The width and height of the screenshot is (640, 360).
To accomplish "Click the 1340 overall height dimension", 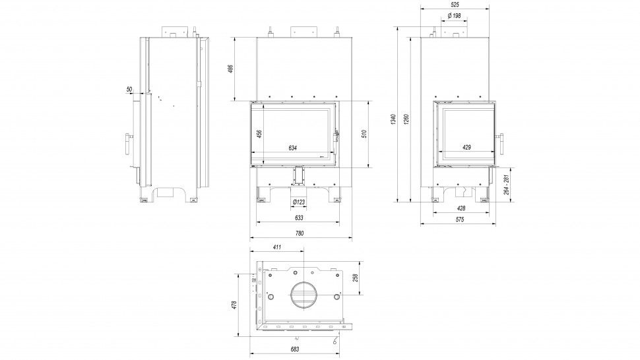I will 393,119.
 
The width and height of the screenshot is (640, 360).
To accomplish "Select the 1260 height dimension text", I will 406,119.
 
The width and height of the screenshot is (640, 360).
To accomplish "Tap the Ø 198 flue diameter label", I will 453,15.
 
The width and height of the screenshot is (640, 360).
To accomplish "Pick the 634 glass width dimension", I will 293,148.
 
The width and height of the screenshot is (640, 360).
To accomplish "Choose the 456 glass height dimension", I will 259,133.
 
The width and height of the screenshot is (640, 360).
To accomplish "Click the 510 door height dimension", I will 364,133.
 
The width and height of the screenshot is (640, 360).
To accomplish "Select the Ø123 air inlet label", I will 298,202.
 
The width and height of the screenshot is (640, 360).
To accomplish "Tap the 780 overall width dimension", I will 299,233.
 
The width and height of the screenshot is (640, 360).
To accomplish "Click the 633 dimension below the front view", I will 299,217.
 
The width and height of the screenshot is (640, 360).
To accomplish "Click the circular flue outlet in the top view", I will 304,295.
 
